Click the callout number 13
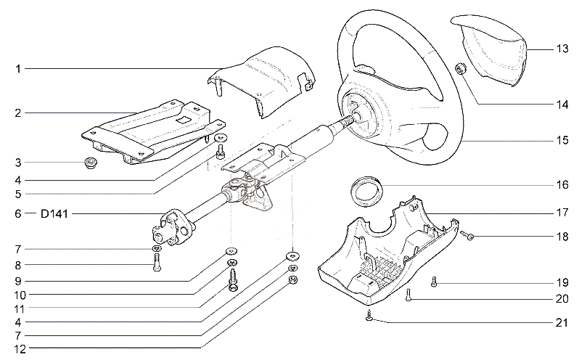click(x=562, y=49)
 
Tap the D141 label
click(x=54, y=214)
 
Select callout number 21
click(x=562, y=322)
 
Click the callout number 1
click(x=17, y=69)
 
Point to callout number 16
click(x=562, y=184)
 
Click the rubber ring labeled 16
click(x=366, y=191)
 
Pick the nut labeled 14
click(x=460, y=68)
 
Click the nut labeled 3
click(x=90, y=163)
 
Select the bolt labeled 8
click(x=157, y=262)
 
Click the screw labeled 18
click(x=467, y=235)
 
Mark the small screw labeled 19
click(x=434, y=282)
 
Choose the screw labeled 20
click(x=408, y=295)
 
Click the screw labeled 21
click(x=369, y=316)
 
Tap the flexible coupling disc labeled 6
click(x=173, y=227)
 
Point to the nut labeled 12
click(x=293, y=280)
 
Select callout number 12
click(x=20, y=349)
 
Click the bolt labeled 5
click(x=220, y=152)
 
